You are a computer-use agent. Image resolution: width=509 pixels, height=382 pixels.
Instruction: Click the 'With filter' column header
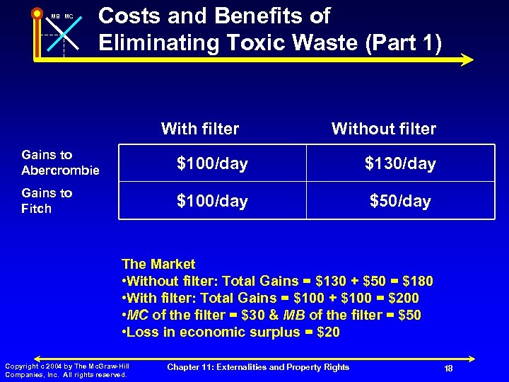coord(200,129)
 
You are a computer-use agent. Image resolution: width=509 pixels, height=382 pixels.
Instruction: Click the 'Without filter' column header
coord(383,129)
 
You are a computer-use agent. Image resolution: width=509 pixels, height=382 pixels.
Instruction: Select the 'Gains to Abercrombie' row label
coord(60,163)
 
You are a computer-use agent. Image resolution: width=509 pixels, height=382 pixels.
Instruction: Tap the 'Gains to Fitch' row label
coord(47,200)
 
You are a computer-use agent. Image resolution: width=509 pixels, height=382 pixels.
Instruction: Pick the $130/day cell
coord(400,164)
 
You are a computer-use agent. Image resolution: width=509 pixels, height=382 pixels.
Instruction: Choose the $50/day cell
coord(400,202)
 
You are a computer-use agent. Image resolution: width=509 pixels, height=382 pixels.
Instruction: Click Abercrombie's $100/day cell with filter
coord(212,164)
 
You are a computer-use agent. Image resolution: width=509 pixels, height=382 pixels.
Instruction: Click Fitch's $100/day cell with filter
coord(212,202)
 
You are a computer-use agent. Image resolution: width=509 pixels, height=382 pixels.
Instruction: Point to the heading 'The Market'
coord(159,265)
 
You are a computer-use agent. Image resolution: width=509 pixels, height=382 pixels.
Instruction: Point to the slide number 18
coord(448,369)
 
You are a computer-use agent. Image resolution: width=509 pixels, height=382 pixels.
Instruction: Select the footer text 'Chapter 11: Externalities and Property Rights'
coord(258,366)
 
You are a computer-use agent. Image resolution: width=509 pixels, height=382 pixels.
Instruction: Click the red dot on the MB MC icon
coord(36,13)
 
